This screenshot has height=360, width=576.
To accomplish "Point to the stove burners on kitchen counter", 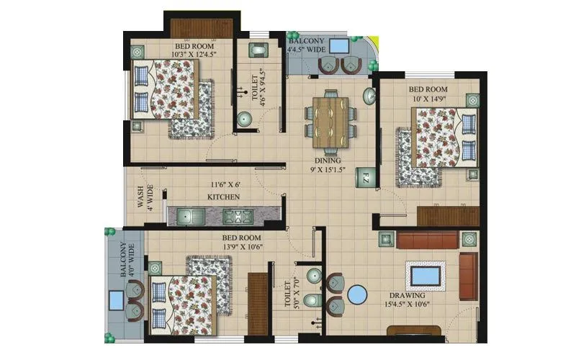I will tap(235, 215).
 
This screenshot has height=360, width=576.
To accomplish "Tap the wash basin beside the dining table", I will tap(369, 96).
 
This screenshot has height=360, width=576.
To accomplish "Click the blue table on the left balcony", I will tap(115, 300).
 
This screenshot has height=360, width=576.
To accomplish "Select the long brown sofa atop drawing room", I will tap(427, 239).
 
